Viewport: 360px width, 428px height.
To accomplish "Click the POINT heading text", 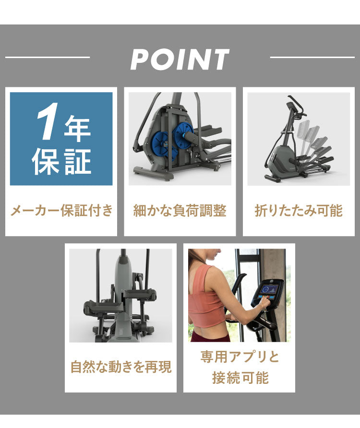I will tap(180, 59).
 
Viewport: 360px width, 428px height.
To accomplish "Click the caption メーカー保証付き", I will tap(61, 211).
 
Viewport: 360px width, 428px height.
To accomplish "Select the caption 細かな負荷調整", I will tap(180, 211).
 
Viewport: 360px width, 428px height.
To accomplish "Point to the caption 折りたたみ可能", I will tap(298, 211).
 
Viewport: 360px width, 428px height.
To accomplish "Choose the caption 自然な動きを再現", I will tap(120, 368).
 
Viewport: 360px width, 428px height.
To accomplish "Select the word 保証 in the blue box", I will tap(61, 161).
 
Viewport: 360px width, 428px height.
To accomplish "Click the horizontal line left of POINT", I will tap(47, 58).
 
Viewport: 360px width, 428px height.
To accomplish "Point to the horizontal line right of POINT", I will tap(312, 58).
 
